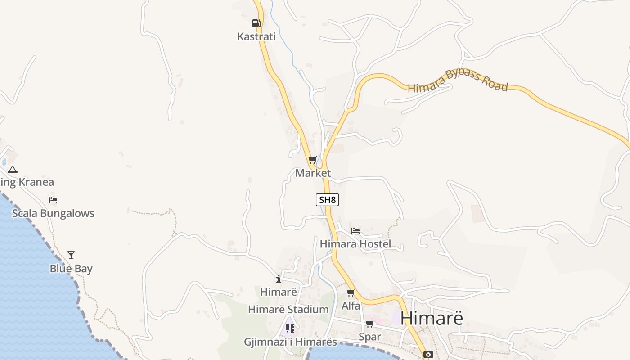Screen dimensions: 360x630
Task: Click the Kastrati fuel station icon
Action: [256, 23]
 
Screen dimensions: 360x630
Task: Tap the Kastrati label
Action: [256, 37]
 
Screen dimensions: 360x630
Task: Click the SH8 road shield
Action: [327, 200]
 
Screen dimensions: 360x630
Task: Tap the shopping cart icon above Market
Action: [313, 160]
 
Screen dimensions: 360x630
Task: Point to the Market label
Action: [313, 173]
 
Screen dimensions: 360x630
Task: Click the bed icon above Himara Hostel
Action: [355, 231]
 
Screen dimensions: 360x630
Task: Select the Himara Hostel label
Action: [355, 244]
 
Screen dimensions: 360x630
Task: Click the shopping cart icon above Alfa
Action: [351, 293]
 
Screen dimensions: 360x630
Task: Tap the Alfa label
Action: [351, 306]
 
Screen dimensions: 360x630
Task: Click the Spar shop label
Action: [370, 337]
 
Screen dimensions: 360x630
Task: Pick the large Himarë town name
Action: [432, 318]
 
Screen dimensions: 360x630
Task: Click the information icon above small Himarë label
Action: [279, 279]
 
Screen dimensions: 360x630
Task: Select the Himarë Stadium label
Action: [288, 310]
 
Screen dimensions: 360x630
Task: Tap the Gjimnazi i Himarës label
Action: [290, 342]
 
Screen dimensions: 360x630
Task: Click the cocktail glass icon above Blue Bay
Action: [71, 255]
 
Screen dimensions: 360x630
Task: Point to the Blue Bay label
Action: [71, 269]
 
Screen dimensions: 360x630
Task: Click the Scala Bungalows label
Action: [53, 213]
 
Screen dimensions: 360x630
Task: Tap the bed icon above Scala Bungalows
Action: [53, 200]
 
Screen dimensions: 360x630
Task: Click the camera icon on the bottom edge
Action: [428, 355]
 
